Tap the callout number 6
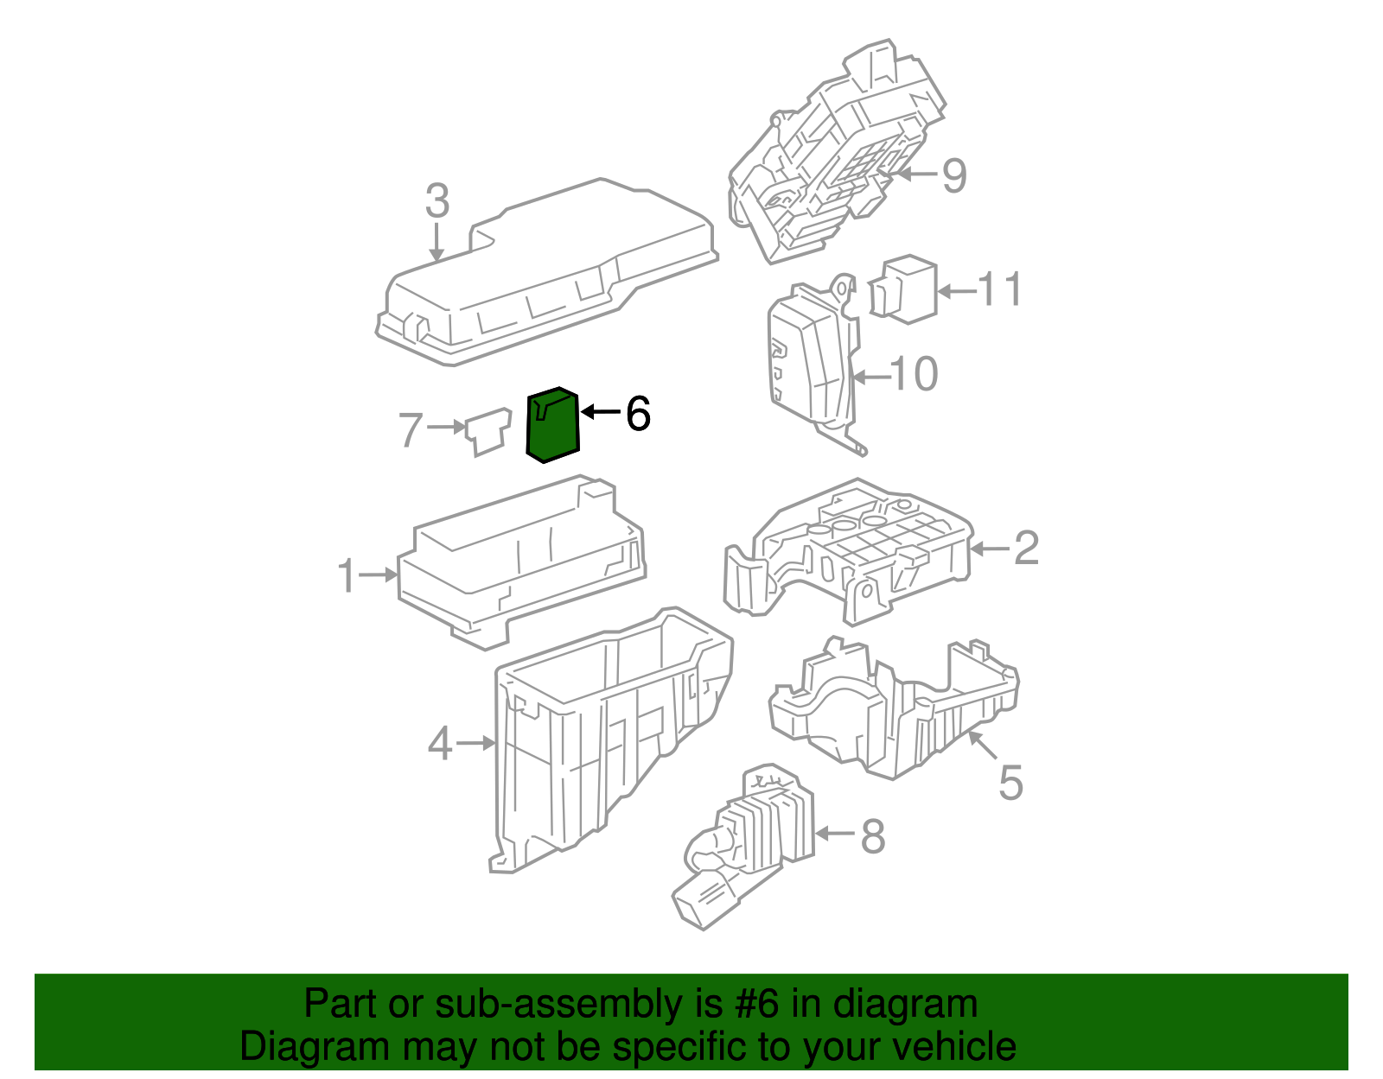click(637, 414)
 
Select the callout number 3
click(437, 201)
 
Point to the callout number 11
click(1000, 289)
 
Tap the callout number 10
click(914, 374)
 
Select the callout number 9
click(953, 175)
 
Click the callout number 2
click(1025, 548)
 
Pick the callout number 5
click(1010, 783)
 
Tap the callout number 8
click(873, 835)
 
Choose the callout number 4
click(440, 743)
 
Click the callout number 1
click(347, 576)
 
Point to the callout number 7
click(411, 429)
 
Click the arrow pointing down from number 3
click(437, 241)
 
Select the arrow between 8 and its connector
click(834, 834)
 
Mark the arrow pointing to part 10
click(870, 377)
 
